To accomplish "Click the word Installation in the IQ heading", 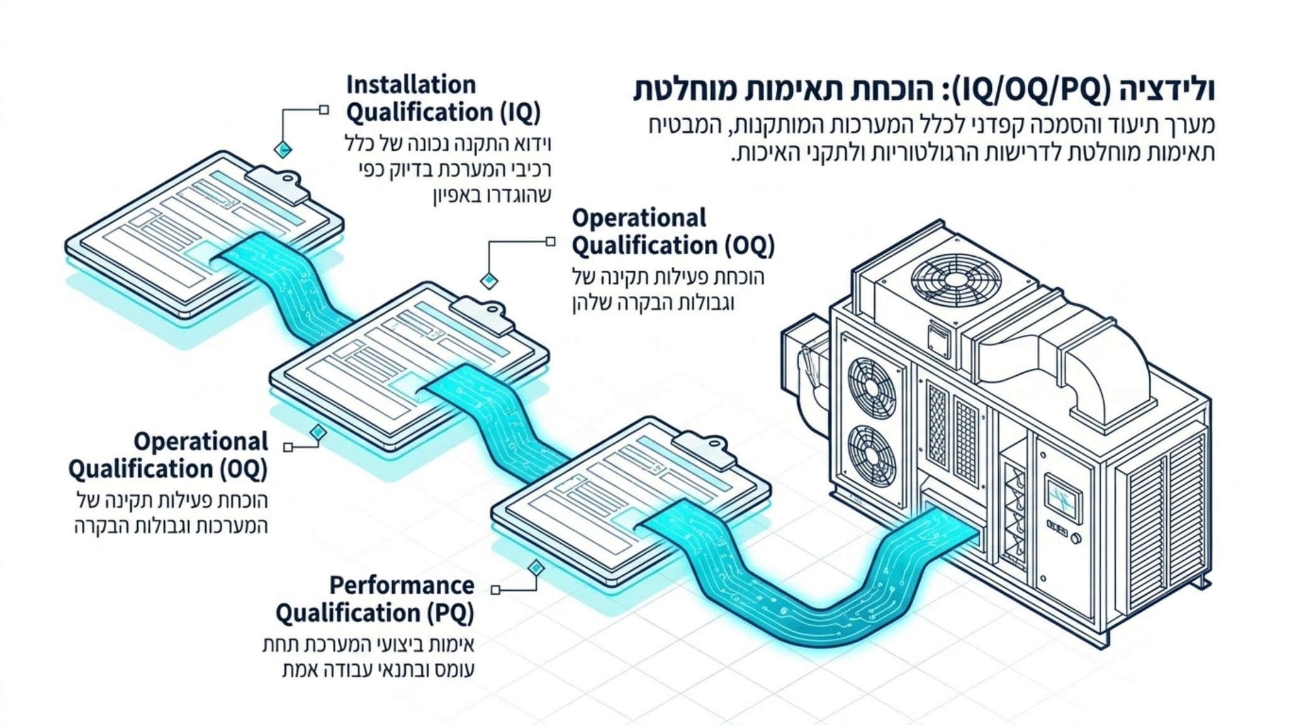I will click(x=411, y=85).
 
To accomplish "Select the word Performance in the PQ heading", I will click(x=402, y=586).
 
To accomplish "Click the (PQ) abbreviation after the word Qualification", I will click(x=451, y=613).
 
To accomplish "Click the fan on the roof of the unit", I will click(x=955, y=280).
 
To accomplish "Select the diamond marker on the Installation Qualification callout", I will click(x=283, y=149).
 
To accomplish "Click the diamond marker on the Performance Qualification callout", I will click(x=536, y=568).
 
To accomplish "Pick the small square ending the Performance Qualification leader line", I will click(x=495, y=590).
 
